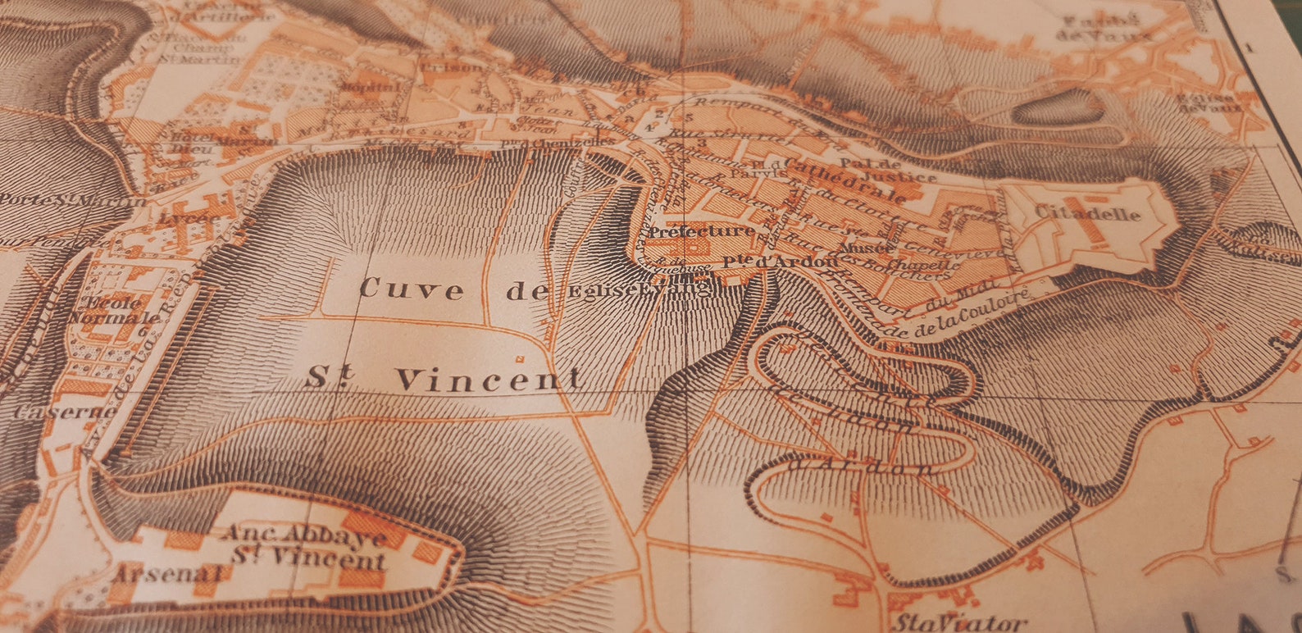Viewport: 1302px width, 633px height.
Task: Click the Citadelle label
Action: pyautogui.click(x=1087, y=213)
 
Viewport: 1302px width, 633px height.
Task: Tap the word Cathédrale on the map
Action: pyautogui.click(x=844, y=180)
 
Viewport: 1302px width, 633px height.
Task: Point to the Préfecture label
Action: pyautogui.click(x=701, y=232)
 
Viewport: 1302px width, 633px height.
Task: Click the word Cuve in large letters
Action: pyautogui.click(x=412, y=289)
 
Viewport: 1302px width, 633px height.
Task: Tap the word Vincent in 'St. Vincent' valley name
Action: pyautogui.click(x=489, y=379)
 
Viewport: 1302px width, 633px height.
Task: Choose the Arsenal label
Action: pyautogui.click(x=167, y=573)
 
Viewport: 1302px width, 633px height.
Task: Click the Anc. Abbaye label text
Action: pyautogui.click(x=304, y=534)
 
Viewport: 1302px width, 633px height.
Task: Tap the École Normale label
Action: pyautogui.click(x=114, y=309)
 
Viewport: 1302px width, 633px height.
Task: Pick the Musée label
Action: pyautogui.click(x=867, y=247)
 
